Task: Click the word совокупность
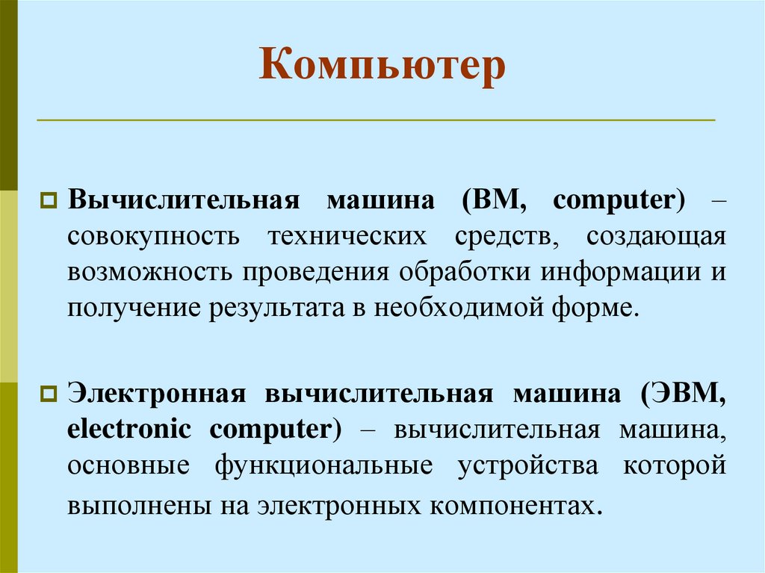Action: click(x=154, y=236)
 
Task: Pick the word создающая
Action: click(x=656, y=236)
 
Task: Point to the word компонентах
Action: click(x=515, y=504)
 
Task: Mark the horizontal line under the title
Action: click(x=376, y=120)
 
